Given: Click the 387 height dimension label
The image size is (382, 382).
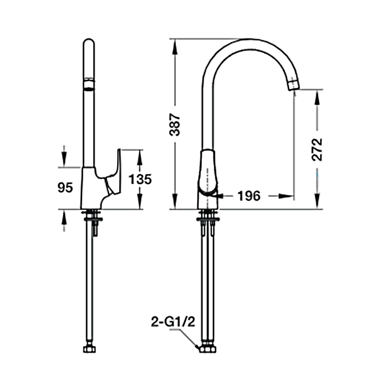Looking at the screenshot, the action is [175, 124].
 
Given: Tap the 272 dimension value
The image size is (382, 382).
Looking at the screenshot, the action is [317, 150].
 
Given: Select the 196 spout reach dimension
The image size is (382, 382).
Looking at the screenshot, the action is [249, 196].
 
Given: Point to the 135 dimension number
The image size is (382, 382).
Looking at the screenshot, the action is [140, 179].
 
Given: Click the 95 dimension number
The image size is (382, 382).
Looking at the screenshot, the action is [65, 187].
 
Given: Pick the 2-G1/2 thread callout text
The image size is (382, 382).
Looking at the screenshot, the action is [173, 322].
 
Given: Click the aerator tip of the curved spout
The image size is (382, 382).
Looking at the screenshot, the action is [293, 84].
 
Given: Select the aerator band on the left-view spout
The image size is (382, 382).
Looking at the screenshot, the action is [89, 85].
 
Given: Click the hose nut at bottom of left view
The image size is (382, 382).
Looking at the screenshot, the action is [89, 349].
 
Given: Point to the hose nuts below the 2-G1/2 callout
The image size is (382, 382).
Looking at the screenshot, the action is [208, 349].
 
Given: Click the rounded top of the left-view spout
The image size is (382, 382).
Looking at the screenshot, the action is [89, 43].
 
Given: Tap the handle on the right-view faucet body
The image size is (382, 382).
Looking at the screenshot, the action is [207, 172].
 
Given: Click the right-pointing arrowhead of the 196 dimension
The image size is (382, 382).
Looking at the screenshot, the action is [286, 196].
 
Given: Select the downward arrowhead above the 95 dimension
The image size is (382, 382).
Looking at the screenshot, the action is [64, 159].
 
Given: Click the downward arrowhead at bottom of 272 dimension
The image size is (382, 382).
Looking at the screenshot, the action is [317, 201].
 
